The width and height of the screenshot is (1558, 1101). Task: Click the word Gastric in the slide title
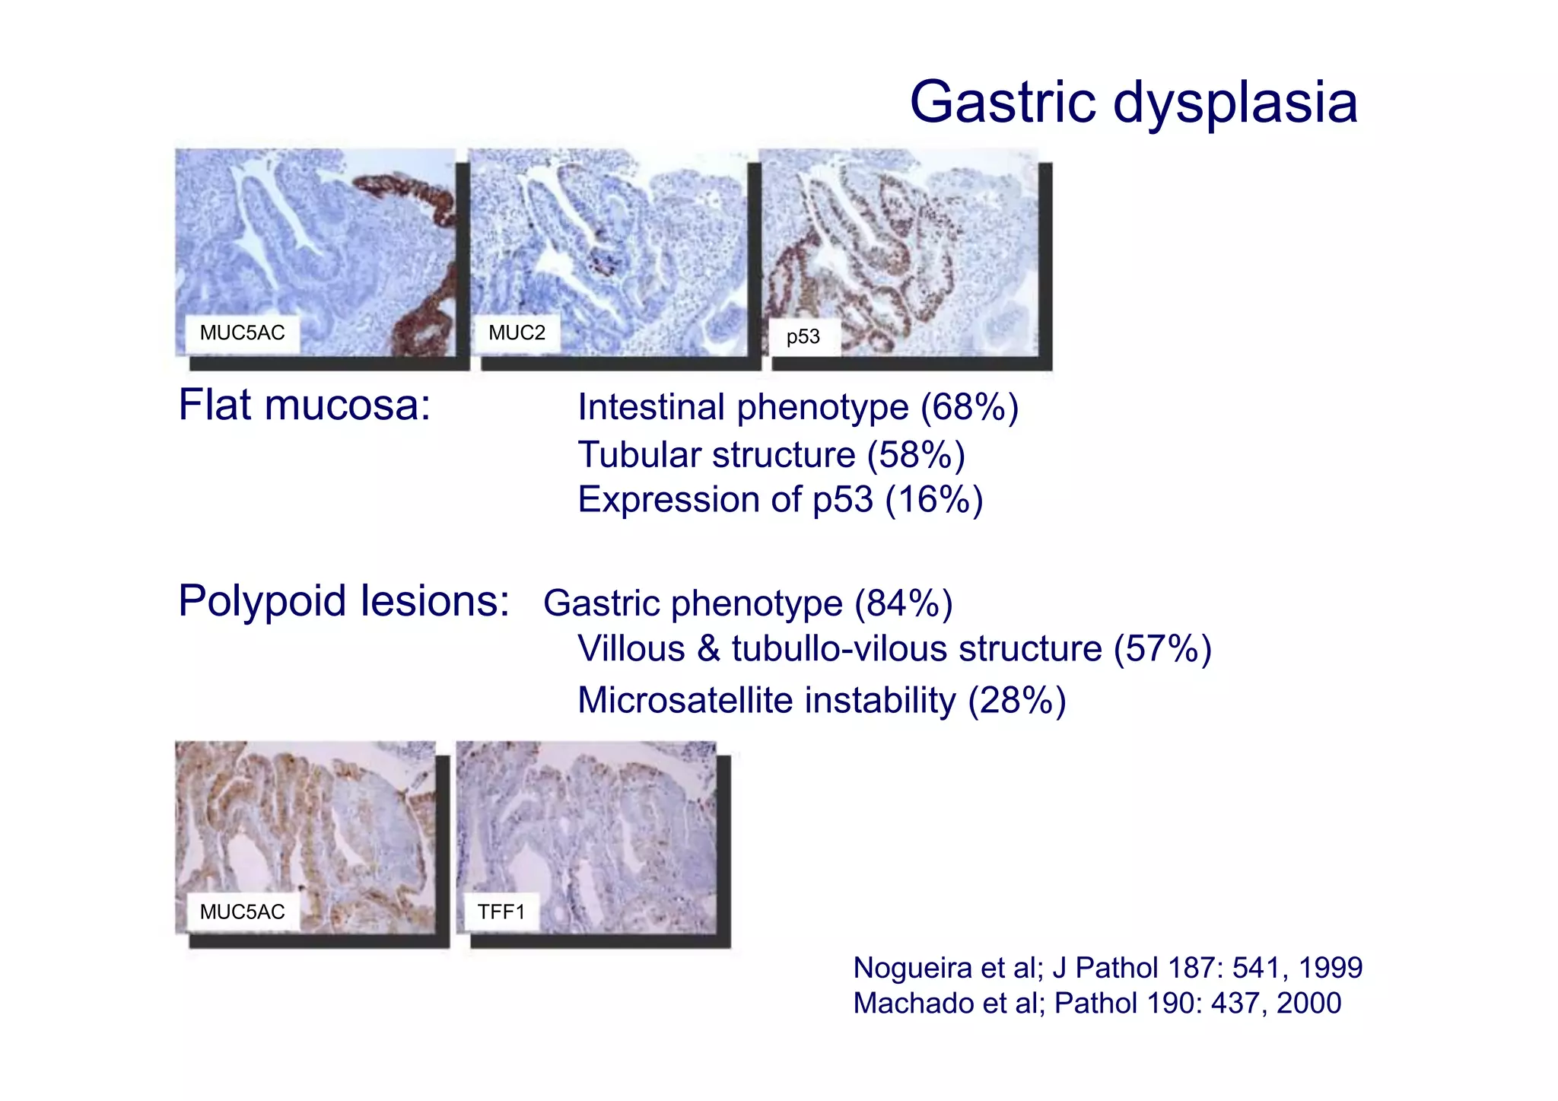(x=1003, y=103)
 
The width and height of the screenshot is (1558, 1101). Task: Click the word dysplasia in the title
(x=1235, y=104)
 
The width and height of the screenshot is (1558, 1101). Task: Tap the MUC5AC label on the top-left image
(x=242, y=333)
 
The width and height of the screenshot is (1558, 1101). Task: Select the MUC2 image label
(x=517, y=333)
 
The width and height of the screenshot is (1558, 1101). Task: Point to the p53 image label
(x=803, y=336)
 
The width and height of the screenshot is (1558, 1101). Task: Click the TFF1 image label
(x=501, y=912)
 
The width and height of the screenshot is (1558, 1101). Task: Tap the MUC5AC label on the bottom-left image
(x=242, y=912)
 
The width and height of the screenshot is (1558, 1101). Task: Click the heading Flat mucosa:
(x=304, y=405)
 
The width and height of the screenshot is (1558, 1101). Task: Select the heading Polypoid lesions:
(x=344, y=601)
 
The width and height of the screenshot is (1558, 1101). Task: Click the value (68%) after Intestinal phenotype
(x=969, y=408)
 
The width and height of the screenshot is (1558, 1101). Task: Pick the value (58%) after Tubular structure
(x=916, y=455)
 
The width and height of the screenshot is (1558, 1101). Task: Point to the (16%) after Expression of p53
(x=934, y=501)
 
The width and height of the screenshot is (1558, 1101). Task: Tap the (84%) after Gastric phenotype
(x=903, y=603)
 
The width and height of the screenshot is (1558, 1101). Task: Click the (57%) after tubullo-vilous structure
(x=1162, y=649)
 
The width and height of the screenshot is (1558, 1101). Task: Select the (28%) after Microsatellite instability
(x=1016, y=700)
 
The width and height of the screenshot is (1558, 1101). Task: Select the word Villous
(x=631, y=649)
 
